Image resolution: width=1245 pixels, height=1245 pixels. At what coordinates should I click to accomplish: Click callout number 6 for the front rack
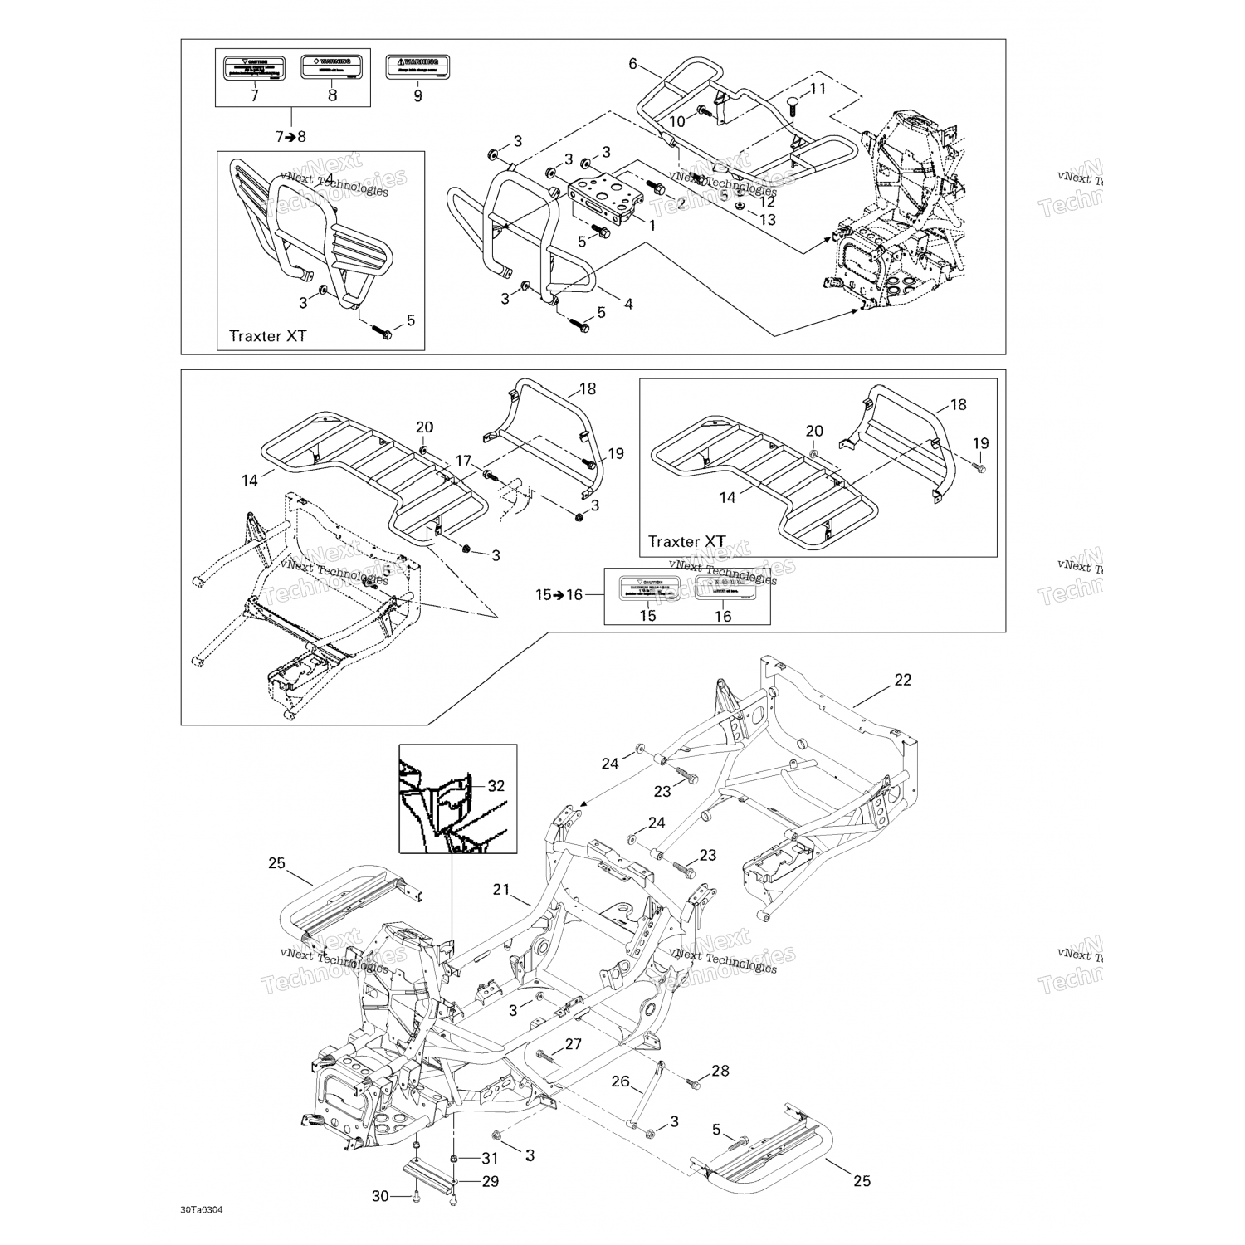point(632,64)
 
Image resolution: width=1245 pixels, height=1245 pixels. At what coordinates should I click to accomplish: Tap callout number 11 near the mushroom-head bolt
point(818,89)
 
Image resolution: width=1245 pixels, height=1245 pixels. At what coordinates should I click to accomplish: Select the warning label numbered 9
point(417,66)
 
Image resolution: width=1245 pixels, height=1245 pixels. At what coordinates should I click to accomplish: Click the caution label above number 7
point(254,66)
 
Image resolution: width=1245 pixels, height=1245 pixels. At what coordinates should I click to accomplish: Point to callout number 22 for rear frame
point(902,680)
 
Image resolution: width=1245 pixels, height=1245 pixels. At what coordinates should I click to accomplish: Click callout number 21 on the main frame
point(500,890)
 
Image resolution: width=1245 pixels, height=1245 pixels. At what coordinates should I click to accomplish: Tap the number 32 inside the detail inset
point(496,785)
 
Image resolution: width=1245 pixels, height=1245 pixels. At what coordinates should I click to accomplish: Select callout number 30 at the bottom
point(380,1196)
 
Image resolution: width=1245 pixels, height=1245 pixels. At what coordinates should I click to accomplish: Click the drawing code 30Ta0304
point(202,1208)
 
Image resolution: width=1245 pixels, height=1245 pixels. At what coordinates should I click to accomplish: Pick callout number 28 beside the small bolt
point(720,1071)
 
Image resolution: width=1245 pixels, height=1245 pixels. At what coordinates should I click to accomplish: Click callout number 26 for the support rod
point(621,1081)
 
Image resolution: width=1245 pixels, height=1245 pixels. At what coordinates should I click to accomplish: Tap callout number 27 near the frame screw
point(574,1044)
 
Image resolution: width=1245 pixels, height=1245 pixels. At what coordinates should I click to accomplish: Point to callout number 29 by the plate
point(491,1181)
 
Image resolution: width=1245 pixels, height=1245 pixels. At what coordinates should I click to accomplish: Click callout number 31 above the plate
point(491,1159)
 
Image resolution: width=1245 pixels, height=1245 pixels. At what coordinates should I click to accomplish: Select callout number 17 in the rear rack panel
point(462,461)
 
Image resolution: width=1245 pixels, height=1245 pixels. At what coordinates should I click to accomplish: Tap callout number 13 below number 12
point(768,219)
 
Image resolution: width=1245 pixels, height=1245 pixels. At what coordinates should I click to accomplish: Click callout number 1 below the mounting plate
point(652,225)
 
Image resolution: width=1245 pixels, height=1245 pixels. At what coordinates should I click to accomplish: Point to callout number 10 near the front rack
point(677,121)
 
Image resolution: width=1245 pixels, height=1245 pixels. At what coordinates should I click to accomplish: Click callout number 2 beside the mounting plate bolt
point(681,203)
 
